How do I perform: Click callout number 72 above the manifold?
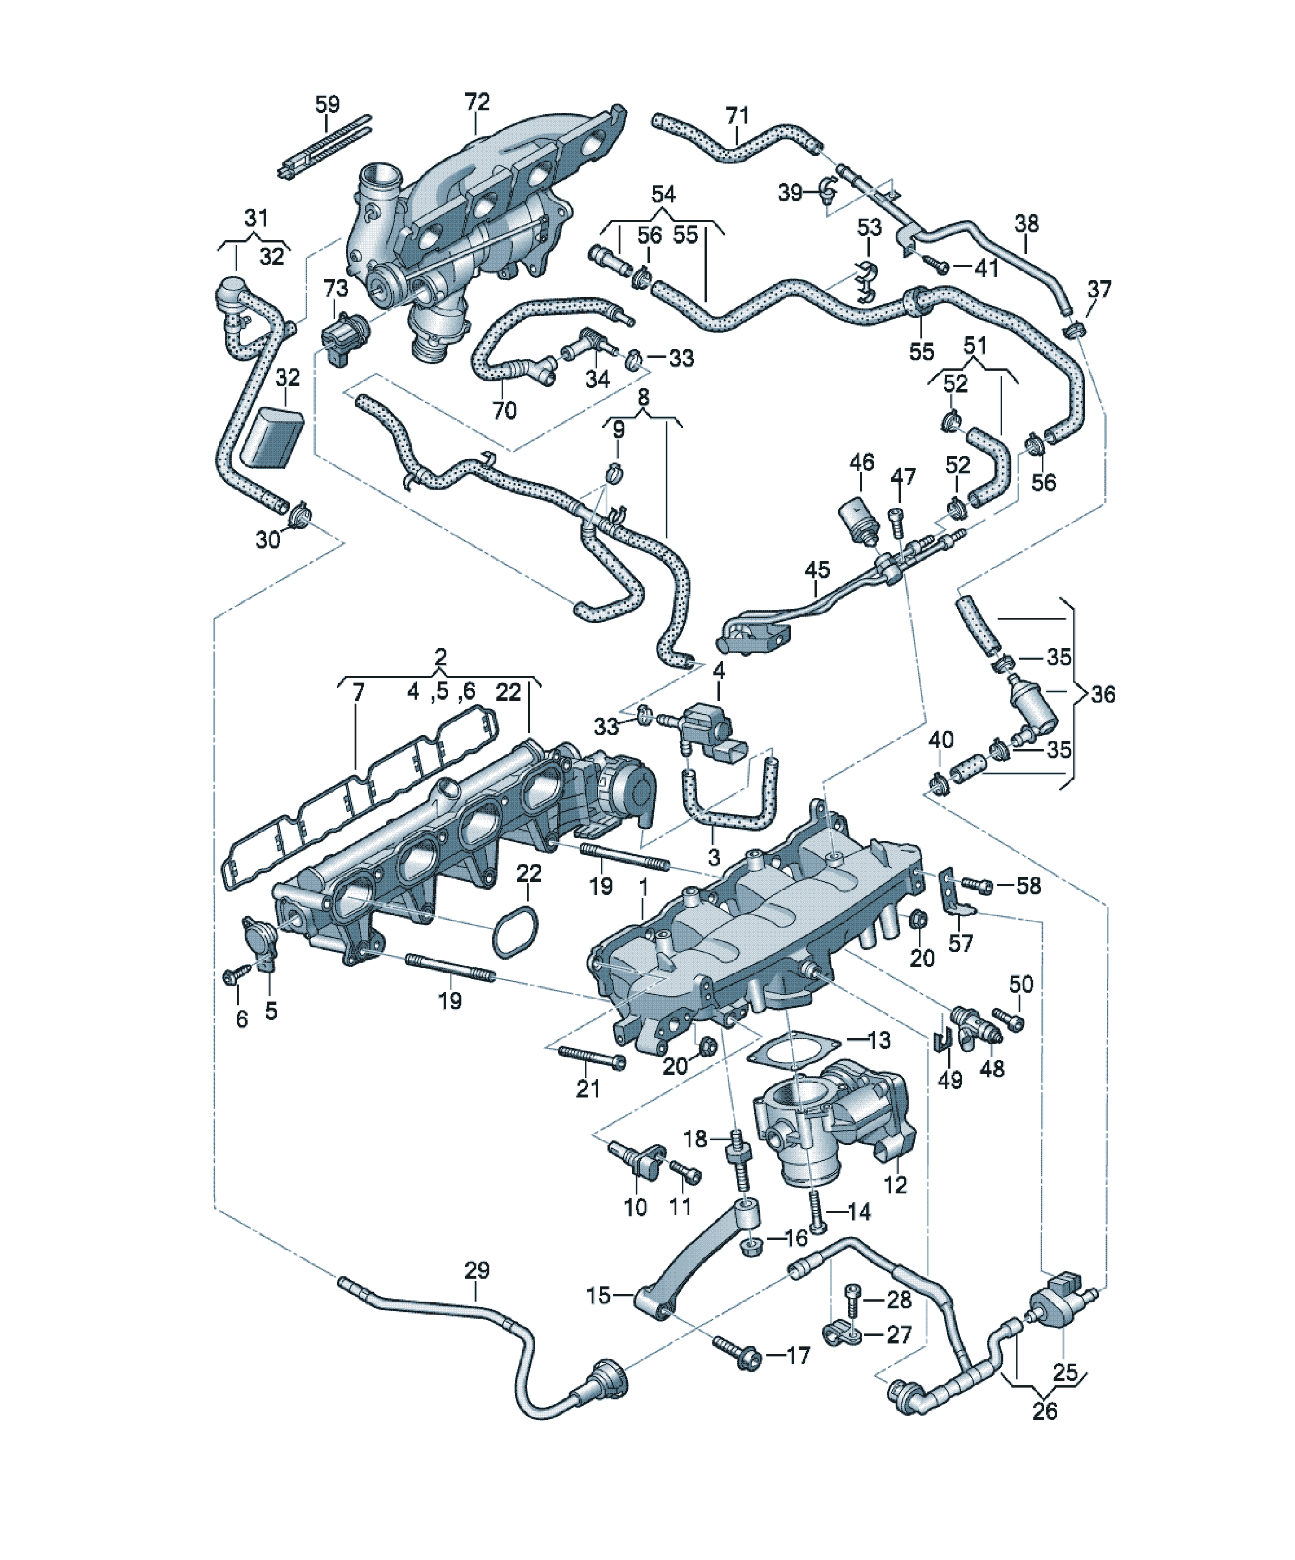coord(478,102)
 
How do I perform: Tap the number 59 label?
coord(328,104)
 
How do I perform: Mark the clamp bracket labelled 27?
coord(843,1335)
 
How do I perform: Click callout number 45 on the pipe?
coord(817,571)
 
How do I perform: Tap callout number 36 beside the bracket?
coord(1103,694)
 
